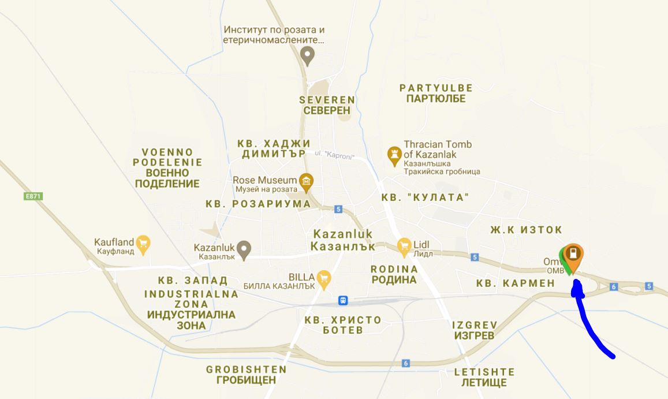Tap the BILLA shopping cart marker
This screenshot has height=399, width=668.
tap(324, 278)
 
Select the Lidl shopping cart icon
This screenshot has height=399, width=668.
tap(404, 245)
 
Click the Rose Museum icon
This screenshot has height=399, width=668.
tap(306, 182)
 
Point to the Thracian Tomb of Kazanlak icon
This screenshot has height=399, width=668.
tap(394, 154)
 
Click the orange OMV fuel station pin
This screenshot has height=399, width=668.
tap(573, 254)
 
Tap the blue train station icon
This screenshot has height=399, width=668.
tap(343, 300)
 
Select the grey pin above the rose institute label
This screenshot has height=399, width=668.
tap(308, 55)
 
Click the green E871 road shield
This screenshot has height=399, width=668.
tap(33, 196)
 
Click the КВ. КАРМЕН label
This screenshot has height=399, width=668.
tap(515, 284)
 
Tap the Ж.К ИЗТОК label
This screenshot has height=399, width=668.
tap(526, 230)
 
